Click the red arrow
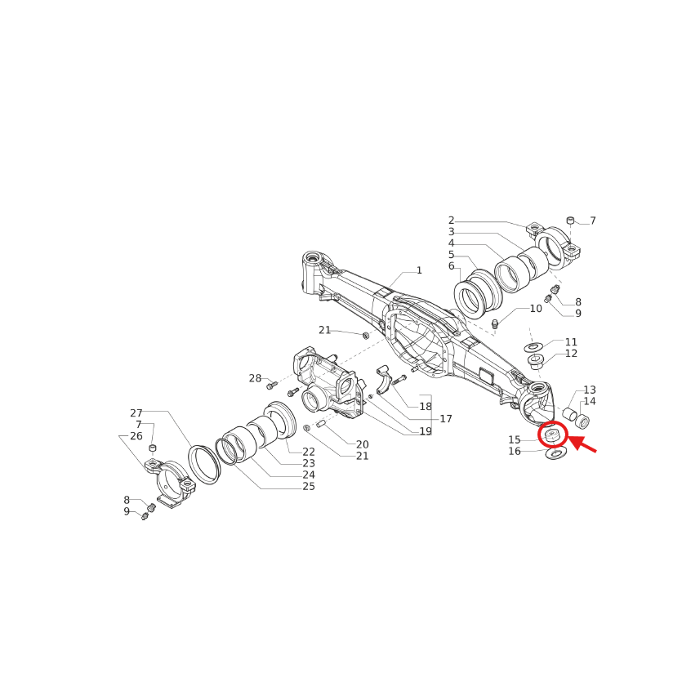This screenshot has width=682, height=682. point(583,445)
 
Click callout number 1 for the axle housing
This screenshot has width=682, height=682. point(419,270)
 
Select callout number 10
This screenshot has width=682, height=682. point(536,309)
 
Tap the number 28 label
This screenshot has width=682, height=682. point(255,378)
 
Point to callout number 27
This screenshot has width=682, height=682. point(136,413)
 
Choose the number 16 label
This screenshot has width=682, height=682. point(515,452)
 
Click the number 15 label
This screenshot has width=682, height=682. point(515,440)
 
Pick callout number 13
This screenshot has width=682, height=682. point(590,390)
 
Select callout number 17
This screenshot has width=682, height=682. point(446,419)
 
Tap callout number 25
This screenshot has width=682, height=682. point(309,487)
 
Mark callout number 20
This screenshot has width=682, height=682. point(362,444)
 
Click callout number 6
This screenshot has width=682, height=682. point(451,266)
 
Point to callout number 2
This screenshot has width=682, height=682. point(451,221)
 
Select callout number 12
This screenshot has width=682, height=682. point(571,354)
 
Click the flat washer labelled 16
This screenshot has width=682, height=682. point(556,452)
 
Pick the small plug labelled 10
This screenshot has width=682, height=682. point(495,324)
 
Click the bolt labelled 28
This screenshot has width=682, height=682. point(272,385)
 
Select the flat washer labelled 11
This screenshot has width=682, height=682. point(532,347)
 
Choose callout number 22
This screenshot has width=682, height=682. point(309,452)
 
